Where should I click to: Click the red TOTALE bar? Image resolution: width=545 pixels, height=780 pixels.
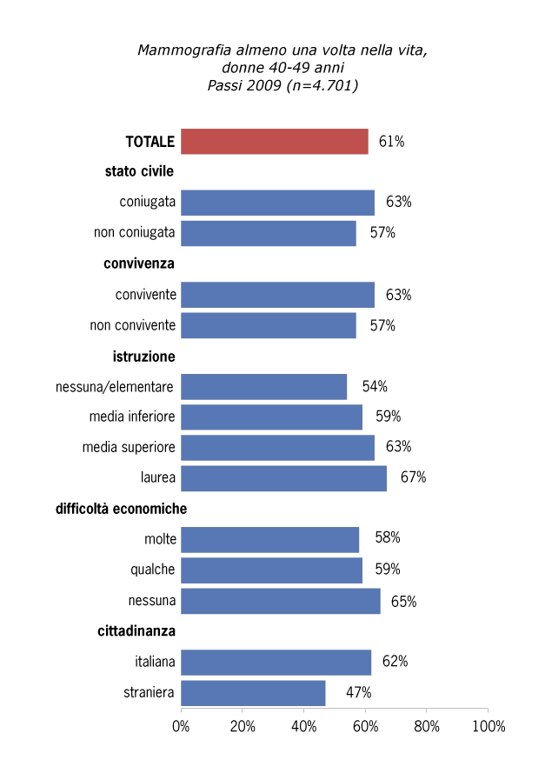pos(274,141)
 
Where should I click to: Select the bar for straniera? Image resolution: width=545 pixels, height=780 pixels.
pos(253,693)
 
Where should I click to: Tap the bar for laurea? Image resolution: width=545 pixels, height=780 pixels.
pos(283,478)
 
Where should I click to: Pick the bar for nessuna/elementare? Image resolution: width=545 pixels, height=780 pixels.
pos(263,386)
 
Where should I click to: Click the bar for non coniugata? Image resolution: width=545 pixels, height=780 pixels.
pos(268,233)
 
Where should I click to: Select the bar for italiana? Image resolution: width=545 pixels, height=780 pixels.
pos(276,663)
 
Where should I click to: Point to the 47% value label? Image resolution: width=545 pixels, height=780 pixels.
pos(359,693)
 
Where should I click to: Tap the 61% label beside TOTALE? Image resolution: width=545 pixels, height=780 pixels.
pos(391,142)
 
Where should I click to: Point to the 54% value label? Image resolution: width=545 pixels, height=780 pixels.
pos(375,386)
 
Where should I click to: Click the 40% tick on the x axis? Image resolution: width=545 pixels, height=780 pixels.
pos(304,726)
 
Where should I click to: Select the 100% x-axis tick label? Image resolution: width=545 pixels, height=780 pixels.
pos(487,726)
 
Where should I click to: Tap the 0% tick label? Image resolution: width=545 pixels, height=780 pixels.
pos(182,726)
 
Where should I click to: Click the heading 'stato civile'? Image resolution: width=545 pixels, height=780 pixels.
pos(140,171)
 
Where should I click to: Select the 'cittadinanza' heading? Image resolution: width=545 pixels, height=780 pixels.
pos(136,631)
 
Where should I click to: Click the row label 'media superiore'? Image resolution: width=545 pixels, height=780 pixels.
pos(129,447)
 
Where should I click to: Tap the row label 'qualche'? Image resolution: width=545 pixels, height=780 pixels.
pos(153,570)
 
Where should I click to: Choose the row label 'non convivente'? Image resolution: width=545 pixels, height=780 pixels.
pos(133,325)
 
